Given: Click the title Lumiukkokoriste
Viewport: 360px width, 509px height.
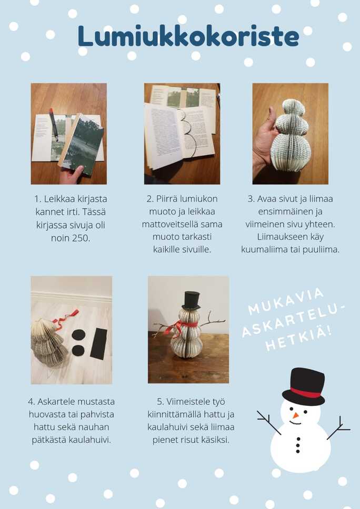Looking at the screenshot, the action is pos(188,36).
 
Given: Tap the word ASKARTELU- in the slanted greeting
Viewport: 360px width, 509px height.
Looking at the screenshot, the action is pos(293,320).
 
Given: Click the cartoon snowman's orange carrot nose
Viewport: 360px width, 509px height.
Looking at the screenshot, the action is pos(295,415).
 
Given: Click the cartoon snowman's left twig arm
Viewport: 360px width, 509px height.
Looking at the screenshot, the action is pos(268,422).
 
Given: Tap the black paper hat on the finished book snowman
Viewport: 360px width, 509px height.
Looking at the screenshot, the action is pos(191,301).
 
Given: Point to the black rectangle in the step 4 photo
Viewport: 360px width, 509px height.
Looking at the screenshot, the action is pos(99,344).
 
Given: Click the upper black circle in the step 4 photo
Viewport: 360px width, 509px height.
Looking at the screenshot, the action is pos(78,335).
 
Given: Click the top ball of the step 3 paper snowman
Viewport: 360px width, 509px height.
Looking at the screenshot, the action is pos(294,108).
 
